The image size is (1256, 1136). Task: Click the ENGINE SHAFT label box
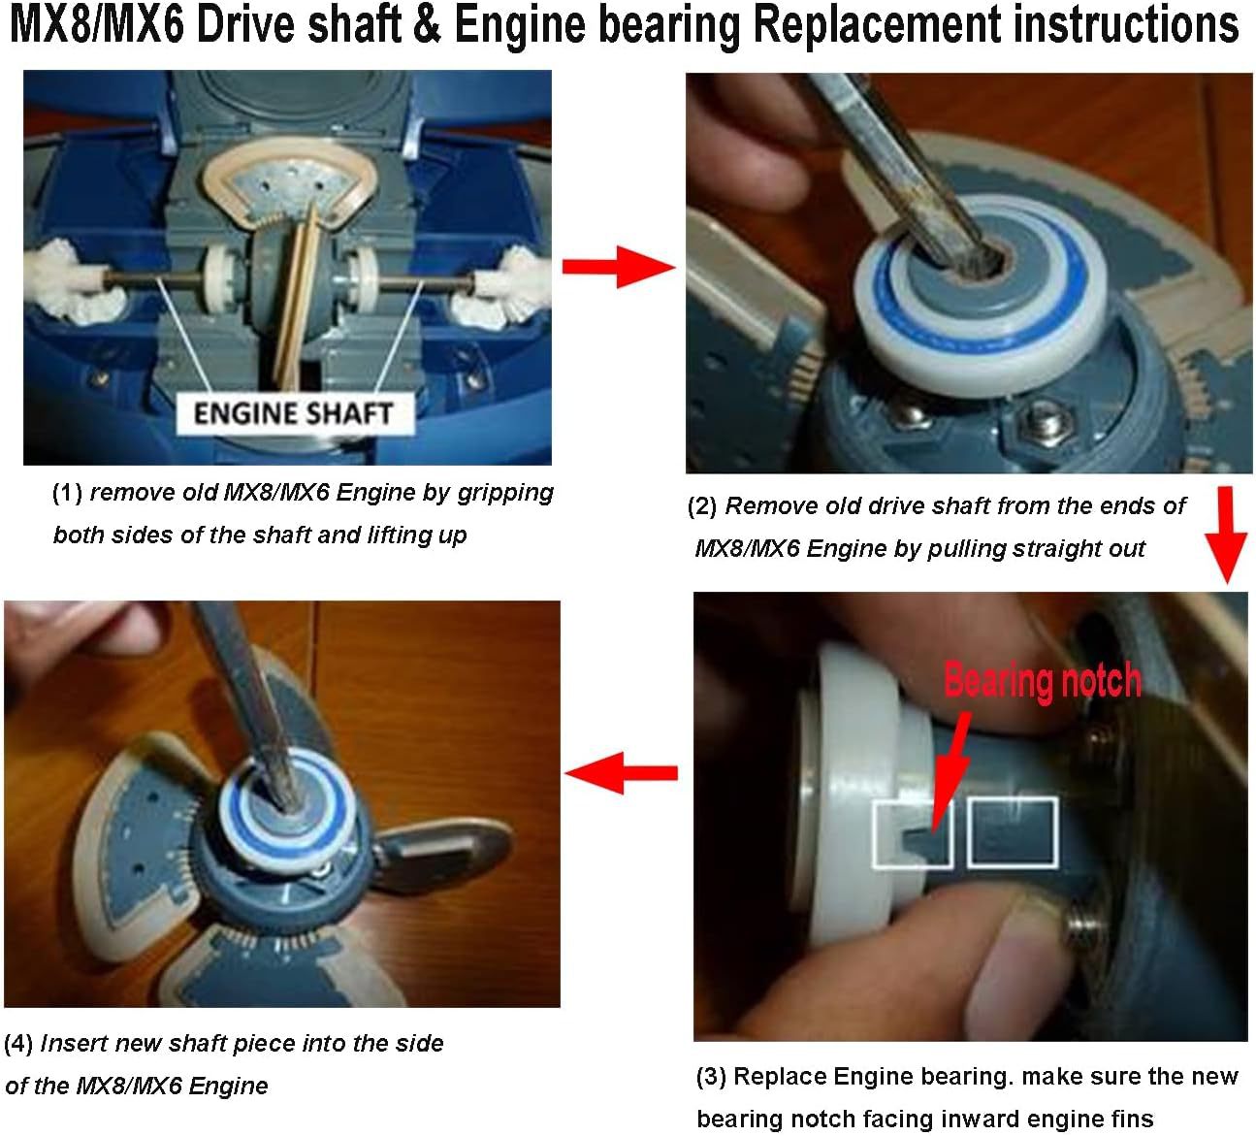295,413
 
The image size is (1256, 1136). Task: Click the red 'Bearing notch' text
1043,681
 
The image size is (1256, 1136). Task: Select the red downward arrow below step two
1227,536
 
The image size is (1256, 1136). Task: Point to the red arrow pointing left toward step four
621,773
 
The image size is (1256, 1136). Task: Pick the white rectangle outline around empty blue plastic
1013,832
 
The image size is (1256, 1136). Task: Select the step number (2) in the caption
702,506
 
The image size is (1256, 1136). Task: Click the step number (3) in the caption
711,1077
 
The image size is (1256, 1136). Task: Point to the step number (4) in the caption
18,1044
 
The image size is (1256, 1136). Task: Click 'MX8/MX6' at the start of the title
98,25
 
